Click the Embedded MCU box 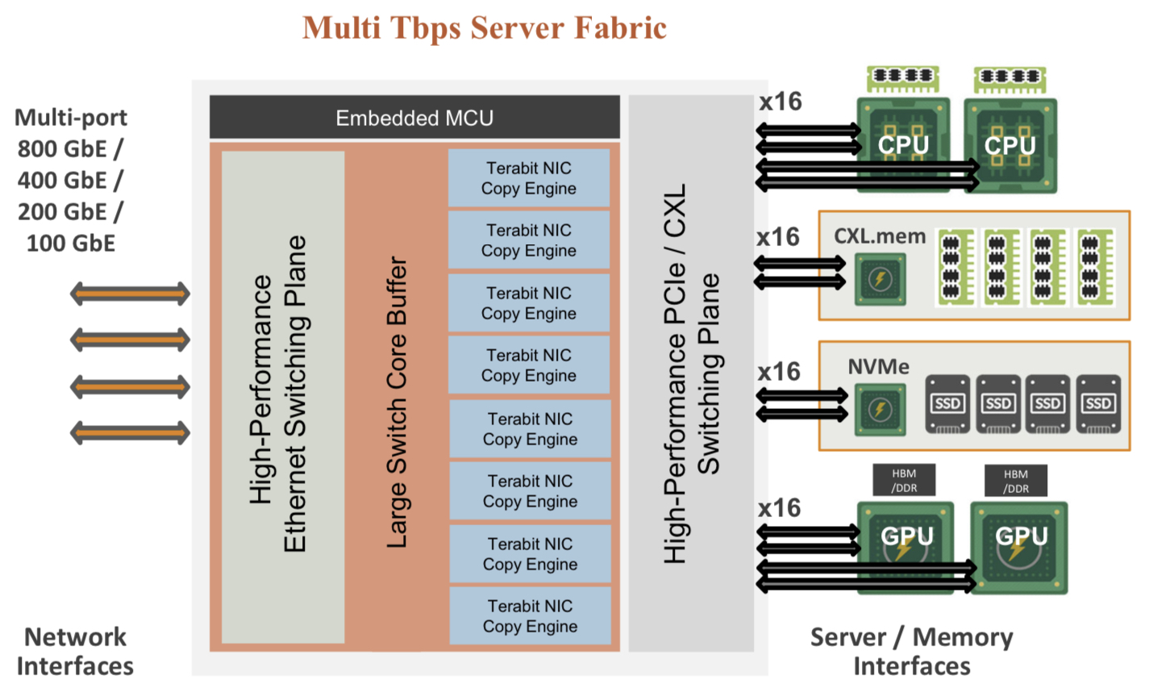pos(414,118)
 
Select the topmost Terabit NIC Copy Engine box pos(529,178)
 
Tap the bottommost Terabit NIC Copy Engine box pos(530,616)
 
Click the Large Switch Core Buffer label pos(397,402)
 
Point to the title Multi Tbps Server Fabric pos(485,28)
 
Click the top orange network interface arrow pos(130,294)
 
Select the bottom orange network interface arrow pos(130,433)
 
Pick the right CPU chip pos(1009,145)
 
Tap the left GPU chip pos(906,546)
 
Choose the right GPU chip pos(1020,547)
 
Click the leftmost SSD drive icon pos(947,403)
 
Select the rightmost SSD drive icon pos(1098,403)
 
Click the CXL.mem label pos(880,236)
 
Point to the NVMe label pos(878,367)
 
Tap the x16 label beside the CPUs pos(780,102)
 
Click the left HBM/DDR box pos(904,481)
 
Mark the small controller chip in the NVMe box pos(880,410)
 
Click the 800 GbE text pos(71,149)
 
